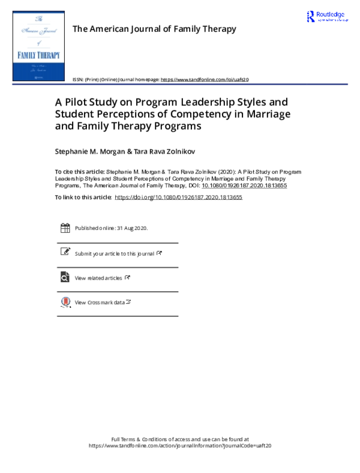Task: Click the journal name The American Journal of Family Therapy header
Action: pos(154,29)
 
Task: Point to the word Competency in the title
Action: pos(202,114)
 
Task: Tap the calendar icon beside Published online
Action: pos(65,228)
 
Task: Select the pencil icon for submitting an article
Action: pos(65,253)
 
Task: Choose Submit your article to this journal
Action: pos(115,254)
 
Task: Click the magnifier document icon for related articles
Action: pos(65,277)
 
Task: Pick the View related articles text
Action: pos(98,278)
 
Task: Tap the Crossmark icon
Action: pos(65,302)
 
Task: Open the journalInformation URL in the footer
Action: pos(180,446)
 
